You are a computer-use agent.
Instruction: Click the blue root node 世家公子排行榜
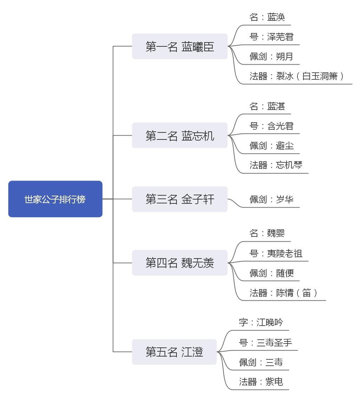pyautogui.click(x=56, y=199)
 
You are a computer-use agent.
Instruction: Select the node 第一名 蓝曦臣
pyautogui.click(x=180, y=46)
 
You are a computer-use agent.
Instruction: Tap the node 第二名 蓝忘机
pyautogui.click(x=180, y=135)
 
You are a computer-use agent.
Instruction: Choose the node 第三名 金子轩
pyautogui.click(x=180, y=199)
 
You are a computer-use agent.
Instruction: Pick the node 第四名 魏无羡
pyautogui.click(x=180, y=263)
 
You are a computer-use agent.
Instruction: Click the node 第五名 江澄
pyautogui.click(x=174, y=352)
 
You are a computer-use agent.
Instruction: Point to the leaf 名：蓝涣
pyautogui.click(x=267, y=17)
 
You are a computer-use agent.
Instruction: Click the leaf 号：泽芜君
pyautogui.click(x=271, y=37)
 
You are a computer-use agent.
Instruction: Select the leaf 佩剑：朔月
pyautogui.click(x=271, y=56)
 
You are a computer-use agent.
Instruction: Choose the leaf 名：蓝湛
pyautogui.click(x=267, y=106)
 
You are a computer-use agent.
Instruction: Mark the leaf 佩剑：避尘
pyautogui.click(x=271, y=146)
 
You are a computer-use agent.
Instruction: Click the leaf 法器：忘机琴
pyautogui.click(x=276, y=165)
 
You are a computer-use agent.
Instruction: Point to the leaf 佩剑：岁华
pyautogui.click(x=271, y=199)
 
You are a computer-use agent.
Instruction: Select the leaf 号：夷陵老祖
pyautogui.click(x=276, y=253)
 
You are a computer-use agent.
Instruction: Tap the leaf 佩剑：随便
pyautogui.click(x=271, y=273)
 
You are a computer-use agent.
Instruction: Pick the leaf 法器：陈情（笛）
pyautogui.click(x=284, y=293)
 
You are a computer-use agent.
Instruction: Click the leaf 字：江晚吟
pyautogui.click(x=261, y=322)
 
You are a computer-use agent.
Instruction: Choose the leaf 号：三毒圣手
pyautogui.click(x=265, y=342)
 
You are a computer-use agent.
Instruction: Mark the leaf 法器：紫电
pyautogui.click(x=261, y=382)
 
